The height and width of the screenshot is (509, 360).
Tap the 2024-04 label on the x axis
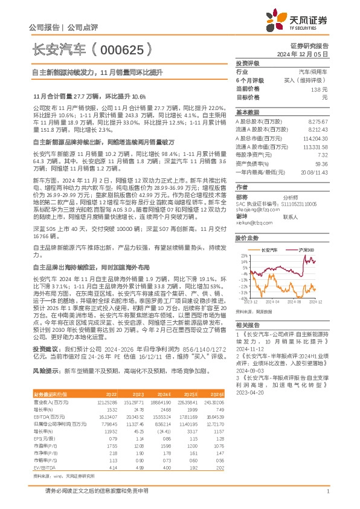coord(272,300)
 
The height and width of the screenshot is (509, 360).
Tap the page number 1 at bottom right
coord(327,492)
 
